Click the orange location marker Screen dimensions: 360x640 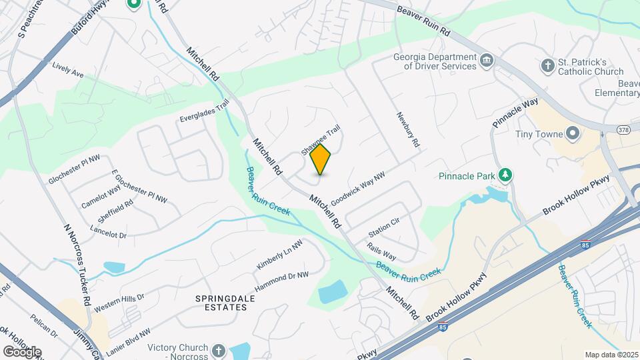click(x=321, y=159)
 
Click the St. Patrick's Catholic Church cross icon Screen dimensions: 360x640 click(x=547, y=65)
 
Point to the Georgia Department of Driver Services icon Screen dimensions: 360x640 click(x=487, y=61)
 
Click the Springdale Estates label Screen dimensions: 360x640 click(x=225, y=304)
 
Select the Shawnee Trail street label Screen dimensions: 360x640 click(x=315, y=140)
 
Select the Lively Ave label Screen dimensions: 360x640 click(x=67, y=71)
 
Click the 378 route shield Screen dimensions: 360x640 click(x=623, y=129)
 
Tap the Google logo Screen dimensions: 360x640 click(x=22, y=351)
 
